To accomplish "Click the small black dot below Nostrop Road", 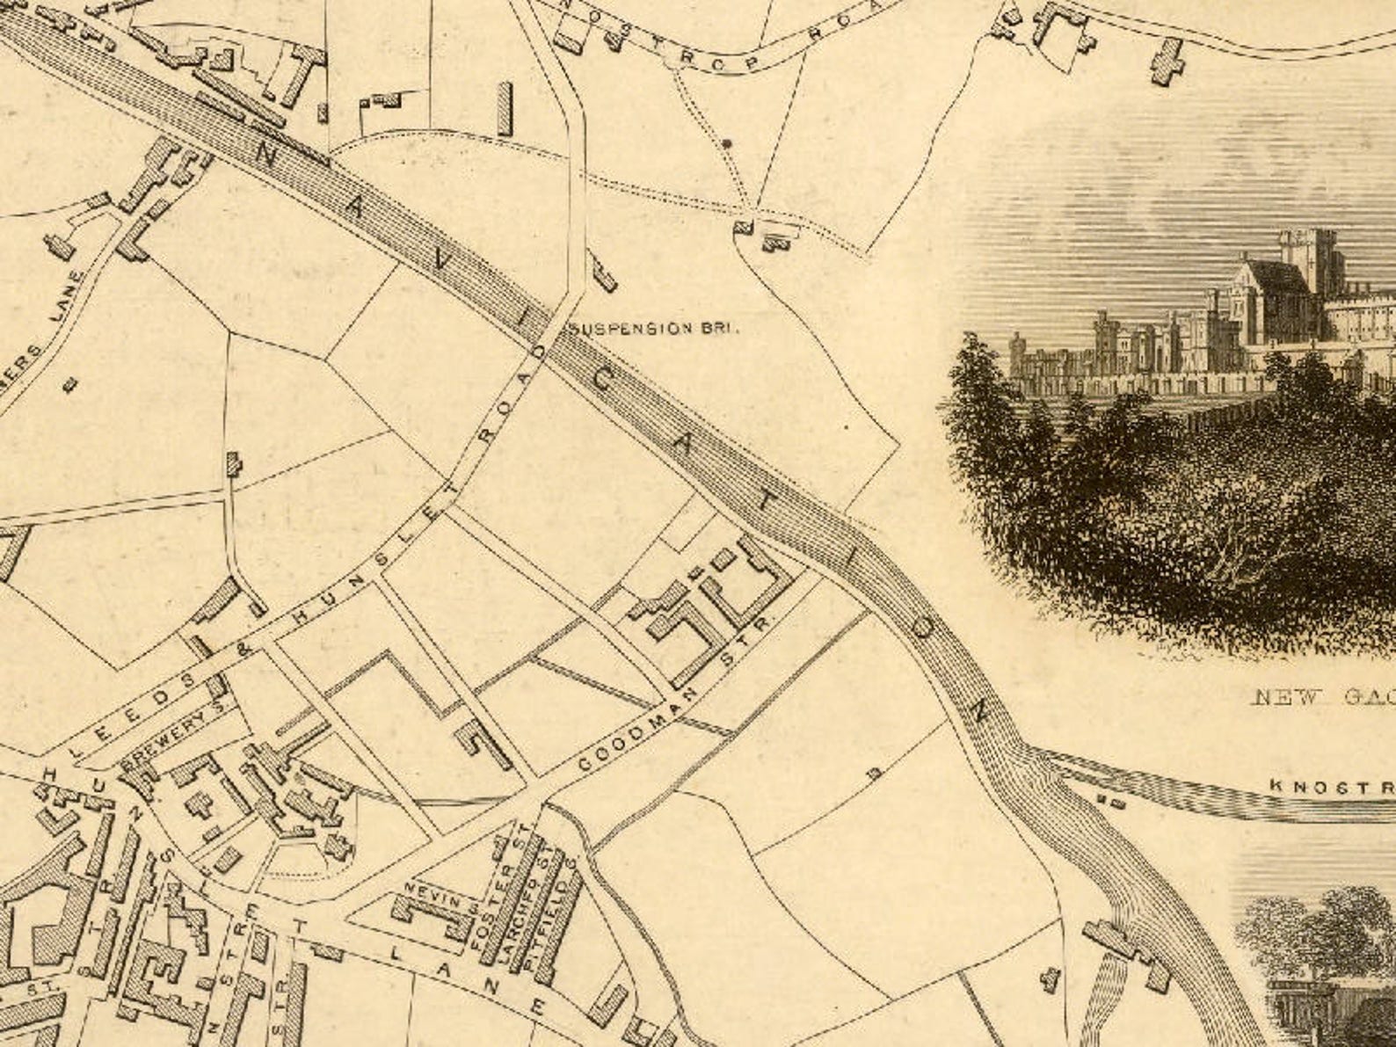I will (x=725, y=142).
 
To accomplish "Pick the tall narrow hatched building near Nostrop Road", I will (x=505, y=109).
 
